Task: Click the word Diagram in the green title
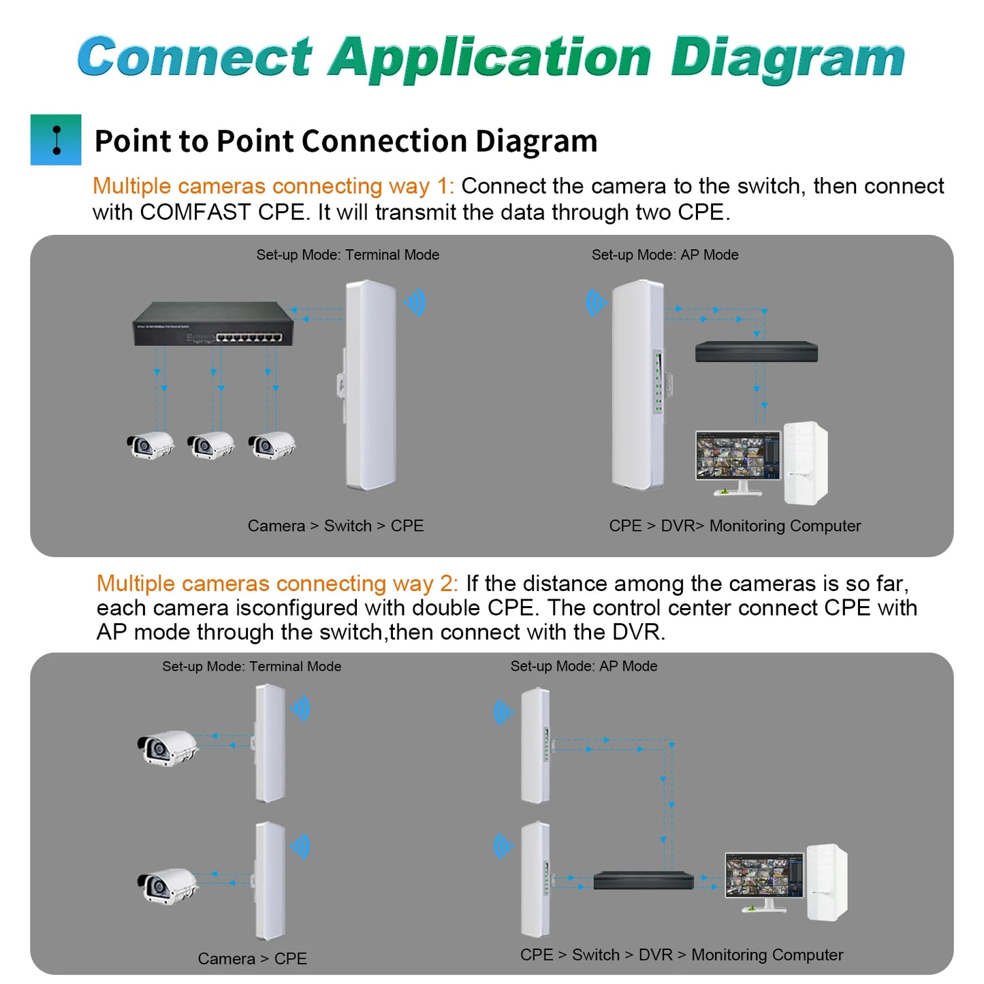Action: pyautogui.click(x=787, y=59)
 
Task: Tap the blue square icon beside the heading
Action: pyautogui.click(x=56, y=140)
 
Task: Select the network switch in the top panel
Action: pyautogui.click(x=213, y=324)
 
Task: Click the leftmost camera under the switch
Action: pyautogui.click(x=150, y=445)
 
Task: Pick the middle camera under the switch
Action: pyautogui.click(x=210, y=445)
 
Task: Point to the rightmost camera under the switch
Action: pyautogui.click(x=271, y=445)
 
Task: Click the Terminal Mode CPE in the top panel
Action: pyautogui.click(x=370, y=385)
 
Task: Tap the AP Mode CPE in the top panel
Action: pyautogui.click(x=637, y=385)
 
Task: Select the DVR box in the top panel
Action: pyautogui.click(x=756, y=351)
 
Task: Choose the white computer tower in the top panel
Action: pyautogui.click(x=806, y=463)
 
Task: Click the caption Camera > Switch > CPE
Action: pyautogui.click(x=336, y=526)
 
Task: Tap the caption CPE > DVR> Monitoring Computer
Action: pyautogui.click(x=735, y=526)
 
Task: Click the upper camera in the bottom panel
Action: pyautogui.click(x=166, y=748)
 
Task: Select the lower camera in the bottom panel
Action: pyautogui.click(x=166, y=885)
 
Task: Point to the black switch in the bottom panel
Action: pyautogui.click(x=643, y=880)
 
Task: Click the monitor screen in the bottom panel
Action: pyautogui.click(x=764, y=876)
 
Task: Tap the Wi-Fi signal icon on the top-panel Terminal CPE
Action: pyautogui.click(x=415, y=302)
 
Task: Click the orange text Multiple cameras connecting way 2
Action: pyautogui.click(x=276, y=584)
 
